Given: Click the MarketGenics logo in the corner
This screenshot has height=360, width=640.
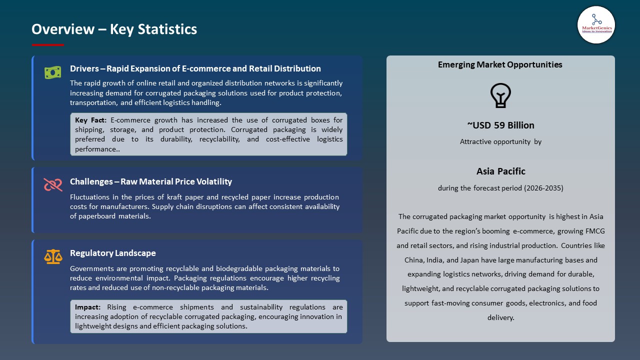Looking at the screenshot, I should click(596, 25).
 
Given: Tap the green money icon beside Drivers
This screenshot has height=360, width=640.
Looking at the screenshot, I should click(52, 72).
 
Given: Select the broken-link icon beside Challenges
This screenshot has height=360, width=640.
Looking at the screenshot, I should click(52, 185).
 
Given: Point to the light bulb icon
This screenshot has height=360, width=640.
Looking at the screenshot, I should click(500, 95).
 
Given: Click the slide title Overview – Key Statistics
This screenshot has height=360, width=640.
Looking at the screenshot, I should click(114, 29).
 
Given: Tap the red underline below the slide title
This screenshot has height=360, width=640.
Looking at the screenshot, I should click(48, 45).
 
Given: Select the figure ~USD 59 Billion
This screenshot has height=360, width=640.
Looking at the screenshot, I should click(500, 125).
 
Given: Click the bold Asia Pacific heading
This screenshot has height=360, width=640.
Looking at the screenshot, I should click(500, 171).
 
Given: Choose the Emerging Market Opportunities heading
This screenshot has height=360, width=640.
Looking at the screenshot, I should click(500, 64).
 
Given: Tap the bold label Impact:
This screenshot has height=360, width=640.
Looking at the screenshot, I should click(88, 307).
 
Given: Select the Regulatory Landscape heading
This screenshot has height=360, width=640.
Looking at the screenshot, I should click(113, 253).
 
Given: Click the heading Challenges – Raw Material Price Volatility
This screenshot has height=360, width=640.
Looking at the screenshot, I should click(151, 181).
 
